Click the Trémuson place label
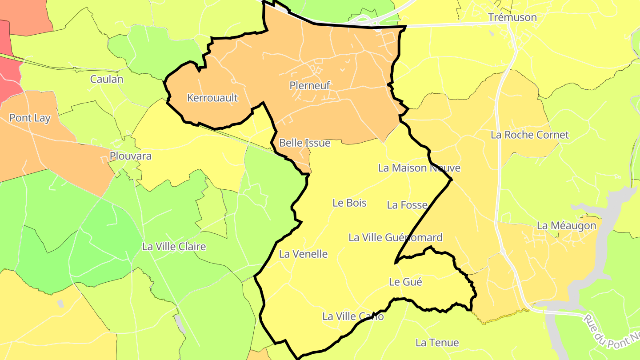[x=512, y=17]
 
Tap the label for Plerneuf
[x=309, y=85]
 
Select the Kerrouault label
[x=212, y=98]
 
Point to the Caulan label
[x=107, y=80]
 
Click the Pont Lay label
[x=30, y=118]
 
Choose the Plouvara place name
[x=131, y=156]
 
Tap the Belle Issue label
[x=305, y=143]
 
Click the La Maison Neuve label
[x=419, y=168]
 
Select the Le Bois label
[x=349, y=203]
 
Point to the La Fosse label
[x=407, y=205]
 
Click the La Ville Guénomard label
[x=395, y=237]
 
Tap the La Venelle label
[x=303, y=254]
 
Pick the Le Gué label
[x=405, y=282]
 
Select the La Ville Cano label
[x=353, y=316]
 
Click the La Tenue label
[x=437, y=343]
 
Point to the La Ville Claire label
[x=174, y=246]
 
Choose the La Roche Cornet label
[x=529, y=135]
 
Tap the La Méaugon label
[x=566, y=225]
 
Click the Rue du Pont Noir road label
[x=611, y=331]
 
